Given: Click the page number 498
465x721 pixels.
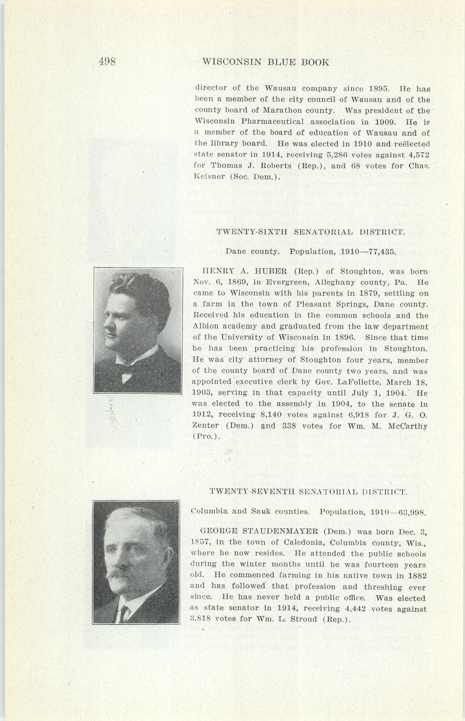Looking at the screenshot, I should click(x=107, y=62).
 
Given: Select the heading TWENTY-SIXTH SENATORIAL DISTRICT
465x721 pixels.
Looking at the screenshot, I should click(x=310, y=231).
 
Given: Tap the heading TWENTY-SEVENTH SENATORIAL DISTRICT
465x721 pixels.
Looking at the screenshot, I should click(x=308, y=492).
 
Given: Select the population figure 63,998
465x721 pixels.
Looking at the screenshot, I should click(x=411, y=512).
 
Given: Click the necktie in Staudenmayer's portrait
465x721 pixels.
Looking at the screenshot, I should click(x=123, y=612).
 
